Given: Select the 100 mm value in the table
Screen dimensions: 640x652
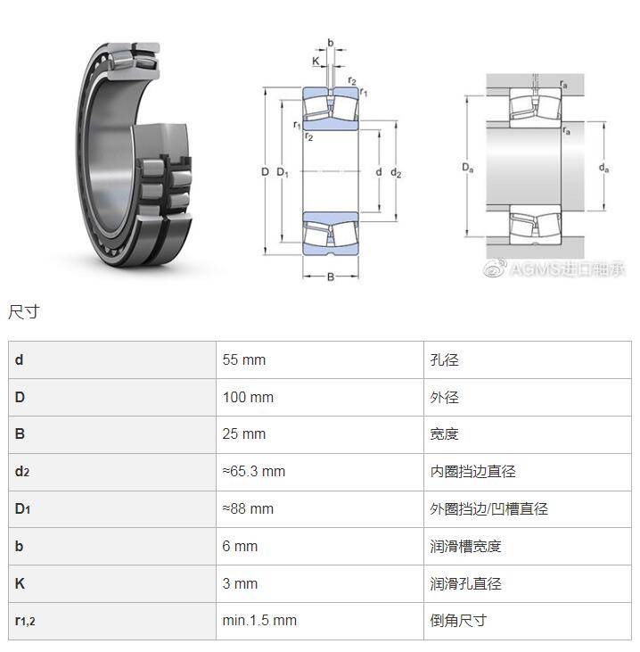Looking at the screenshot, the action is point(248,397).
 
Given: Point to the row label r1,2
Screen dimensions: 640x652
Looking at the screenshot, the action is point(25,621).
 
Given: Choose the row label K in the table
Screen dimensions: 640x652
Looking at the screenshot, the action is point(20,583).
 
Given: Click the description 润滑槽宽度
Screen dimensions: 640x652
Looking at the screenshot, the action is point(465,547).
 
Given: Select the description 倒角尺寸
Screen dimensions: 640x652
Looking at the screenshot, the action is point(458,621).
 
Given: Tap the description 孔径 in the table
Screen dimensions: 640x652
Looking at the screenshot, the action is point(444,360).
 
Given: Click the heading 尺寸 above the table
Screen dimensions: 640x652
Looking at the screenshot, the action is point(24,312).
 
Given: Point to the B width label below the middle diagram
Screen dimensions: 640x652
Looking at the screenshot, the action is point(331,276).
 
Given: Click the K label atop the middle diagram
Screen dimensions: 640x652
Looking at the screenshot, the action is point(316,61).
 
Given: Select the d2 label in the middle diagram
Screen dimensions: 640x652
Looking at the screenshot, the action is point(396,172).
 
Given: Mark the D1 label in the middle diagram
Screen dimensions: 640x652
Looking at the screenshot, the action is point(283,172).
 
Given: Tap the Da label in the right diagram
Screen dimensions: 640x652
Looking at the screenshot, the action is point(468,168).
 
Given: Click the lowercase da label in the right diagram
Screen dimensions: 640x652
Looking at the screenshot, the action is point(603,168).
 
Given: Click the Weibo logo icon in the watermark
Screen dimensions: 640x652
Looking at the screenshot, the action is point(495,268).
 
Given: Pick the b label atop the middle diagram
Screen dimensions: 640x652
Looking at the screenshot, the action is point(331,43).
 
